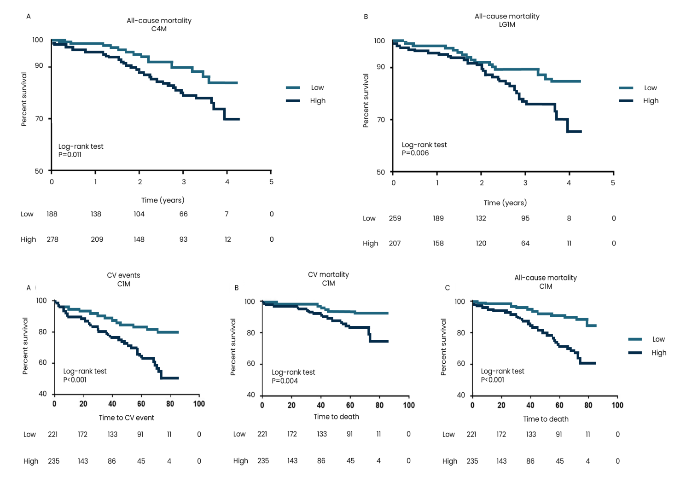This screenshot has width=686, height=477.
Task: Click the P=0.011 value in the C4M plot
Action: point(70,155)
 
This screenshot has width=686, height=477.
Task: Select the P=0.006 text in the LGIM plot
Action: point(415,153)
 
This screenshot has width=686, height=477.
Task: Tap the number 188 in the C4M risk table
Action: point(52,214)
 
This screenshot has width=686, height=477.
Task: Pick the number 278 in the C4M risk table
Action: point(52,239)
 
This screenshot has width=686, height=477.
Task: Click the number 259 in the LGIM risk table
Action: point(395,218)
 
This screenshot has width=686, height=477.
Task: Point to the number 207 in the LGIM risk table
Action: point(395,243)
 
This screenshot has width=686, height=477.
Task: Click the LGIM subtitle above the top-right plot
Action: point(507,24)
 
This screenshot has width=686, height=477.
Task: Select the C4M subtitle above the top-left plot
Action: point(159,29)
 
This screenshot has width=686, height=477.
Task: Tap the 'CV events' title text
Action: point(123,275)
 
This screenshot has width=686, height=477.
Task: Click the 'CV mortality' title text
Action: point(328,274)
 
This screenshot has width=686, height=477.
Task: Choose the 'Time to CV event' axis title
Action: point(127,418)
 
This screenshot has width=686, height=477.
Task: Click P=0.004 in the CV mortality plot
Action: point(285,381)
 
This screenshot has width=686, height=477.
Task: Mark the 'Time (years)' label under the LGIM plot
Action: point(505,203)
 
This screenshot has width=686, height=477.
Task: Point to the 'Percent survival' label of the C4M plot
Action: point(24,99)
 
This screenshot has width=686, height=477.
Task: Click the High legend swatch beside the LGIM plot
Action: point(626,101)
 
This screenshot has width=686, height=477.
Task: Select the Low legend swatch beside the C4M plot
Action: point(293,87)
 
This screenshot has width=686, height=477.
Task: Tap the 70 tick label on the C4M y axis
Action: point(39,119)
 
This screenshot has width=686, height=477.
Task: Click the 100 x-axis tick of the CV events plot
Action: point(199,404)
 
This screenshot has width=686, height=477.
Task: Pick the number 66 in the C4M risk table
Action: point(183,214)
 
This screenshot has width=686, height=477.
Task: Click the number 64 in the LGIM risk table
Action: point(525,243)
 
